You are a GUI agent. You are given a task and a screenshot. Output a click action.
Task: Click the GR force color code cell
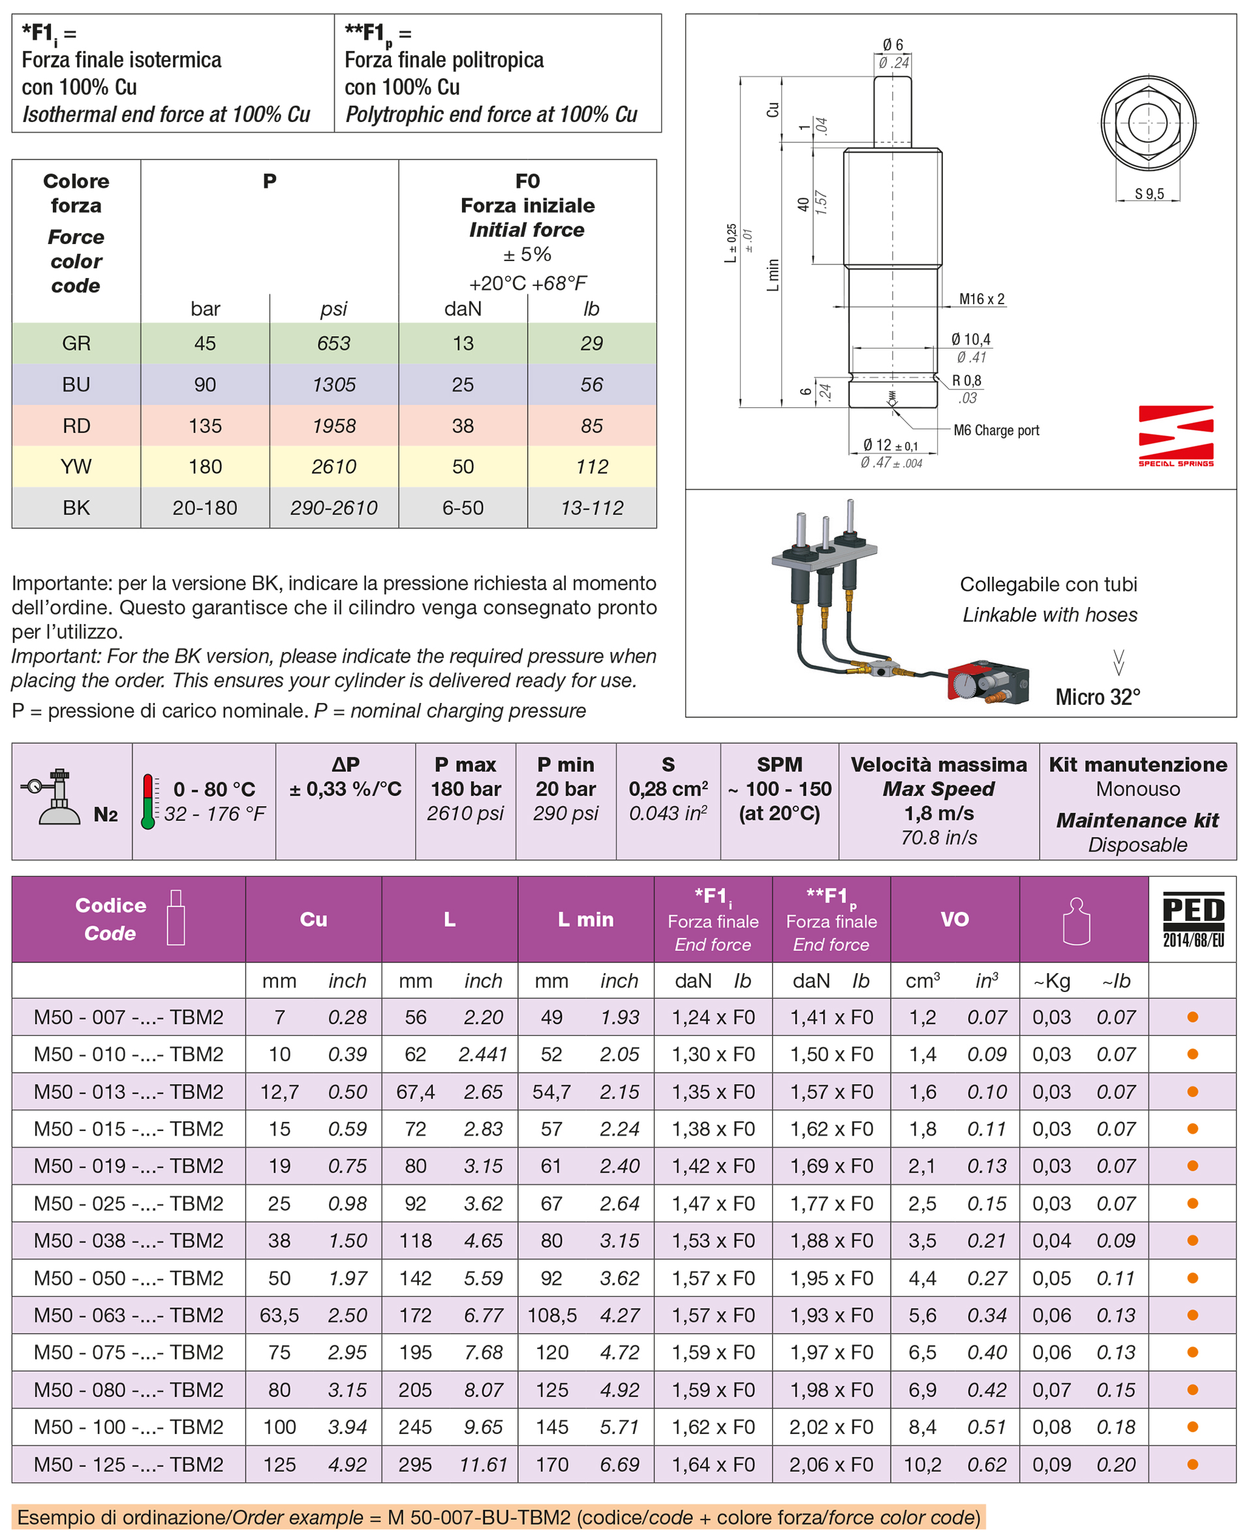[76, 343]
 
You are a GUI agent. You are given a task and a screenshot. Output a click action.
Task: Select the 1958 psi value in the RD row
[333, 426]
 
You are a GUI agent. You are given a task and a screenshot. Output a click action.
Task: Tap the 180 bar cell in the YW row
[205, 467]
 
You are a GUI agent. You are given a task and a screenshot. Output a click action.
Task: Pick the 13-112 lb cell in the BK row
[591, 508]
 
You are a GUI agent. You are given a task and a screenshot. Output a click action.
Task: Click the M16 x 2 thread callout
[981, 299]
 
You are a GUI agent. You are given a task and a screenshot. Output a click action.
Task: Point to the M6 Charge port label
[995, 430]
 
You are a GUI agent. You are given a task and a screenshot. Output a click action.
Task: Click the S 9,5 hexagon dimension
[1149, 193]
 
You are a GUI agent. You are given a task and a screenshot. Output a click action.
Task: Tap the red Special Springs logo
[1175, 436]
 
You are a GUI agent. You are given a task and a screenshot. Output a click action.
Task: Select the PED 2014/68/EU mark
[1192, 919]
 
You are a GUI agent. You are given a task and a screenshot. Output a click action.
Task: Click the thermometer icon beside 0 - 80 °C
[148, 801]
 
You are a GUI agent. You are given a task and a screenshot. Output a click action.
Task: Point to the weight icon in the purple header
[1075, 920]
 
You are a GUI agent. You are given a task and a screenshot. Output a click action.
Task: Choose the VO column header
[954, 919]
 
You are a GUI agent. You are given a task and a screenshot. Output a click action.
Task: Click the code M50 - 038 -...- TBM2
[129, 1240]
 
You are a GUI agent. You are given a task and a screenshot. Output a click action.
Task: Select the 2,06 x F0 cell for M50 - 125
[831, 1464]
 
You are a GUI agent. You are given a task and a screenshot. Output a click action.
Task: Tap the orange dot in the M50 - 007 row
[1192, 1017]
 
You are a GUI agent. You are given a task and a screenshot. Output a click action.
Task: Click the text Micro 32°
[1097, 696]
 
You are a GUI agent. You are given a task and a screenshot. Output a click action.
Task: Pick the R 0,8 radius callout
[966, 381]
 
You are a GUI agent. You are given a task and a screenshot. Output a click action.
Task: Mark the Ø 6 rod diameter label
[892, 45]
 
